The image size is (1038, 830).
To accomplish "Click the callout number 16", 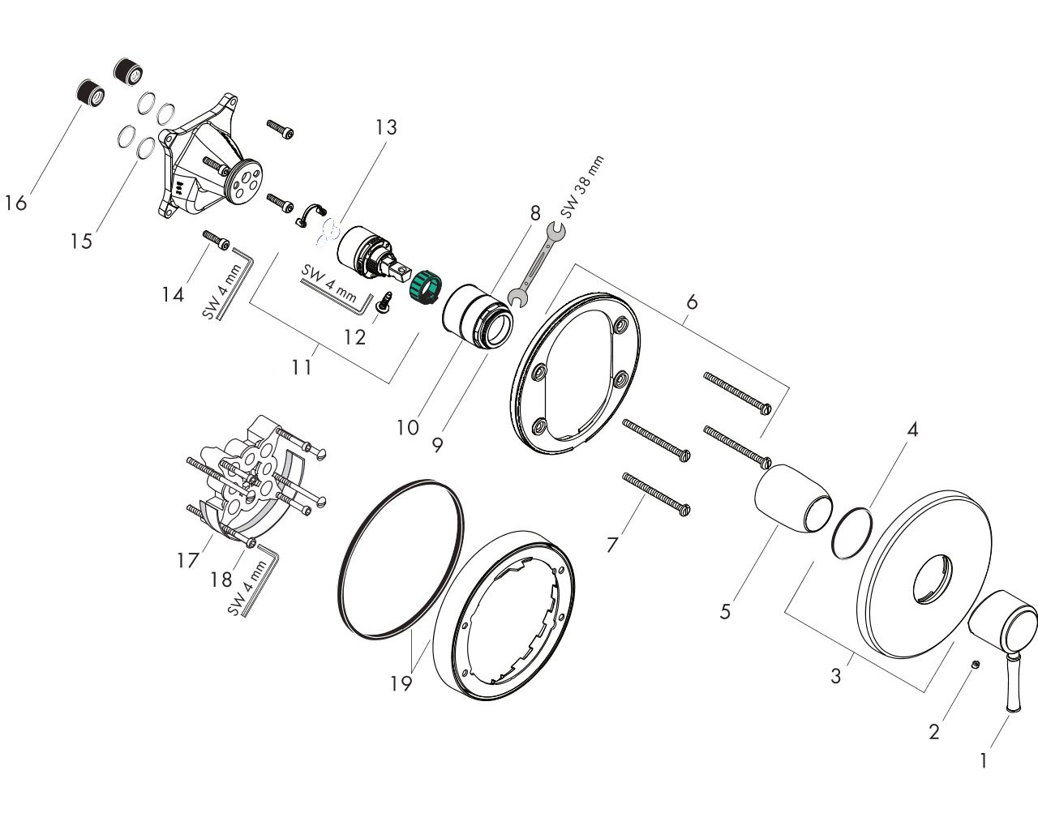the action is click(x=15, y=203).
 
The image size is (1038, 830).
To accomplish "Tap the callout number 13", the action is click(x=386, y=127).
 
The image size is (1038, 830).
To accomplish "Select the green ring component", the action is click(x=426, y=289).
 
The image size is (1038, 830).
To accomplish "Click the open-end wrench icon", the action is click(x=536, y=265).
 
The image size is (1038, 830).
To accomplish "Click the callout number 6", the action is click(x=692, y=302).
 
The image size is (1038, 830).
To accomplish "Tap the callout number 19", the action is click(x=401, y=683).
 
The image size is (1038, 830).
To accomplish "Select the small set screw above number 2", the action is click(x=974, y=665).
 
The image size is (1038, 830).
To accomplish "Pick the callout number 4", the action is click(x=912, y=430).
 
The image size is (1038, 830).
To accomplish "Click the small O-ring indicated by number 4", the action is click(x=851, y=533).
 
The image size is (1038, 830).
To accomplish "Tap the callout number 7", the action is click(x=611, y=545).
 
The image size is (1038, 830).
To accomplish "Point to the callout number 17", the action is click(x=188, y=560).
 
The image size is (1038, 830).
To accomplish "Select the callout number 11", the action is click(x=302, y=367).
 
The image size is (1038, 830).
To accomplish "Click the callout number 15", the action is click(x=81, y=241).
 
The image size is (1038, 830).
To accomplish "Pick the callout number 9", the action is click(x=437, y=444).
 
